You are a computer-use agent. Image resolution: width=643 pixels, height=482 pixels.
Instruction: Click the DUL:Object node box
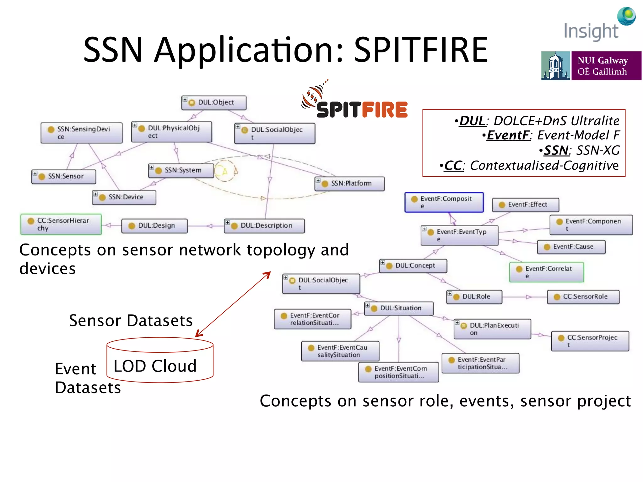[x=214, y=103]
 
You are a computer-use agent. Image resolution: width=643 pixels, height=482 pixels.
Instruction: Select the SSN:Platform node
[x=349, y=184]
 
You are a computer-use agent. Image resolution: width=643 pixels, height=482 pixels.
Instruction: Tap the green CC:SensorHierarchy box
[x=61, y=224]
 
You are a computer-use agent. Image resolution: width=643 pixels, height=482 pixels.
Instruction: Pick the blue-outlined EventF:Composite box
[x=444, y=202]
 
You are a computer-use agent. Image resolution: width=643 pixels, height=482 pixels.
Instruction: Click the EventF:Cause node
[x=571, y=247]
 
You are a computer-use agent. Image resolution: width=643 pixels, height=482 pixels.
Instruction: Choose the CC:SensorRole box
[x=583, y=297]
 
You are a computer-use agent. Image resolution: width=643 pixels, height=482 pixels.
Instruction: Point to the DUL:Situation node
[x=399, y=308]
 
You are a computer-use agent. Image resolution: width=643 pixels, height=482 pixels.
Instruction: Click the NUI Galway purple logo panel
[x=606, y=66]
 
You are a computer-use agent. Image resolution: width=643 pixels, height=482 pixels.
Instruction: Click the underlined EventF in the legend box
[x=508, y=135]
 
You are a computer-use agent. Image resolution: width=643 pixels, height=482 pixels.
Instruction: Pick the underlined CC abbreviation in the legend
[x=453, y=165]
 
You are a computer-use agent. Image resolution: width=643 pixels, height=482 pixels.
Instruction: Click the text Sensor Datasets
[x=131, y=320]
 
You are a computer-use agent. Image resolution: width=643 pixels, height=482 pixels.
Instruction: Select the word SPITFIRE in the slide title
[x=421, y=50]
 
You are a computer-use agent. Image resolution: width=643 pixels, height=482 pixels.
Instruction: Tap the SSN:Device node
[x=124, y=197]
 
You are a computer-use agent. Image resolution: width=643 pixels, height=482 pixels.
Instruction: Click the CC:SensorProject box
[x=590, y=341]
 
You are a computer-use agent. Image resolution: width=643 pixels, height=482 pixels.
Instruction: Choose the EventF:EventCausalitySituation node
[x=340, y=351]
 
